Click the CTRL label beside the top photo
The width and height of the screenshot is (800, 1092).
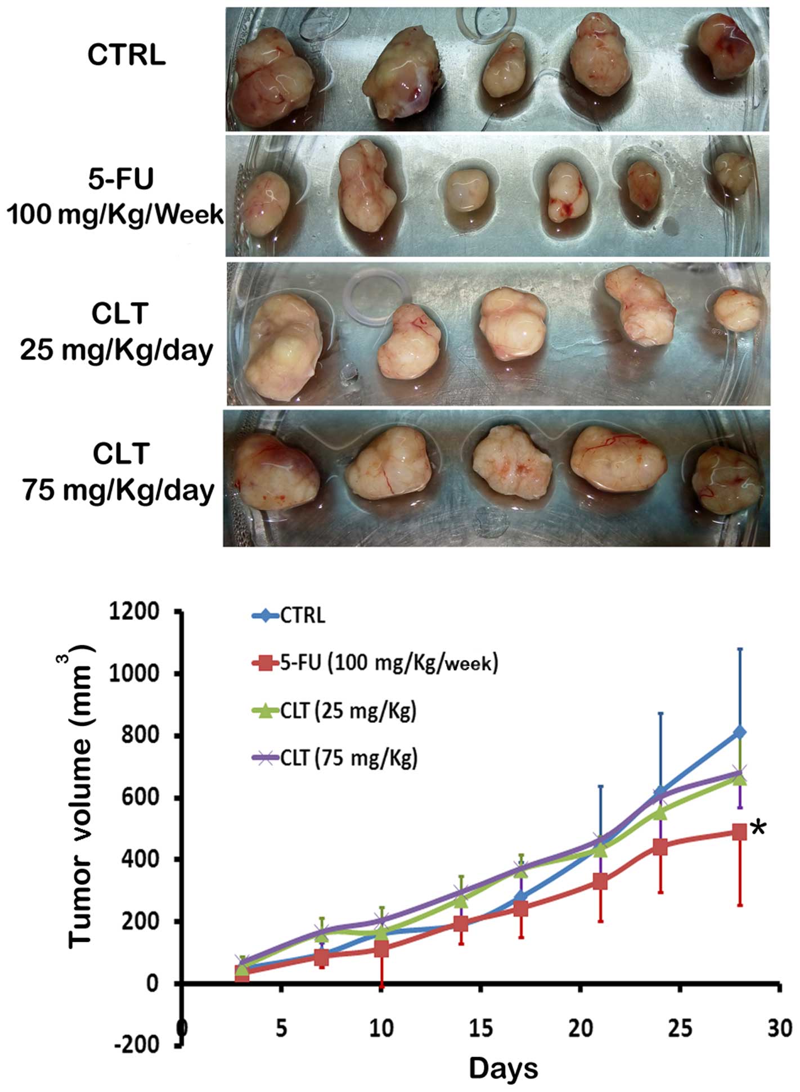point(126,56)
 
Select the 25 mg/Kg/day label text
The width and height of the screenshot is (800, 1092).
point(117,350)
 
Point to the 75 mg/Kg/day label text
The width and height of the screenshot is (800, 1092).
point(119,490)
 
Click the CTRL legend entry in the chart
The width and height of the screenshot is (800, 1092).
point(303,615)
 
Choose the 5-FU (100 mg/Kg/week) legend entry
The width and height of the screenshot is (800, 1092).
point(389,663)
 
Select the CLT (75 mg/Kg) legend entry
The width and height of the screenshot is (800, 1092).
point(349,758)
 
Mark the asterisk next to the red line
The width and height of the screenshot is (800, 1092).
point(759,830)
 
